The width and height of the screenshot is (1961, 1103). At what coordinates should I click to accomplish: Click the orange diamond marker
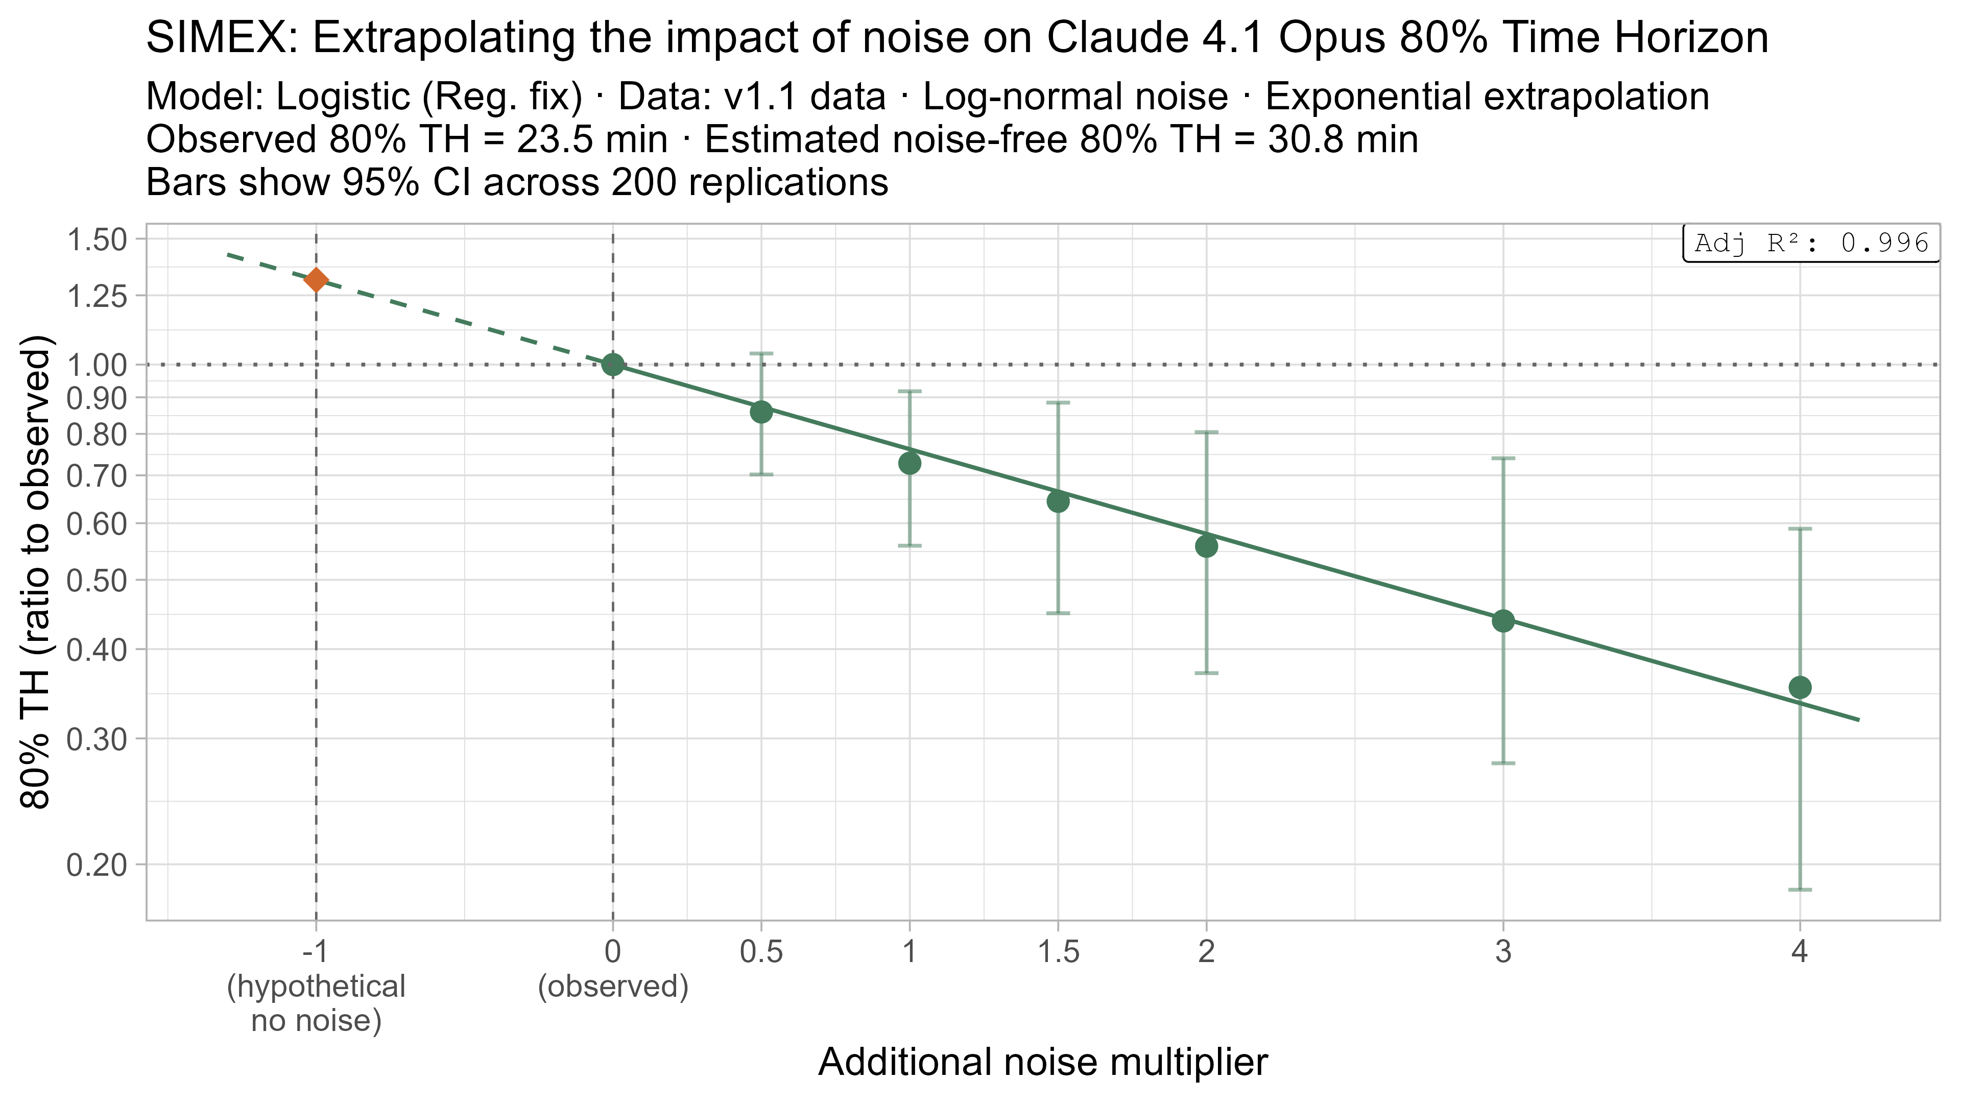316,280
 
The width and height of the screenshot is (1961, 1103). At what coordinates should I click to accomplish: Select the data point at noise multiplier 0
613,365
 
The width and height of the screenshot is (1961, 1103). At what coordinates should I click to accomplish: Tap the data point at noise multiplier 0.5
761,412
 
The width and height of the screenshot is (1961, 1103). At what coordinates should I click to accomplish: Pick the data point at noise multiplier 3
1503,621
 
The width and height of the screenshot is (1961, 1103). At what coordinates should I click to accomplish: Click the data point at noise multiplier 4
1800,687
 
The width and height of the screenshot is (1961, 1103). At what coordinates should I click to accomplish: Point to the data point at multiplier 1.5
1058,501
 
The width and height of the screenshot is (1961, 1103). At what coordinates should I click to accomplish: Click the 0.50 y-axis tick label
97,580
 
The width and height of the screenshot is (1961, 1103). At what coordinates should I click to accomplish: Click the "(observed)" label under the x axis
613,987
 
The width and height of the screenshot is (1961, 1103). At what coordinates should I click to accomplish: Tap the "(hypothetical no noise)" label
316,1003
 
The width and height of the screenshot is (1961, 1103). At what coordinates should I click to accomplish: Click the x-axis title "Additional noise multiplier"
1043,1062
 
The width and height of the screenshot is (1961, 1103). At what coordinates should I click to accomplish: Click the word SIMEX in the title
221,38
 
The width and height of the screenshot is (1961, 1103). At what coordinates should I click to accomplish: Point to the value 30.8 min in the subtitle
1343,140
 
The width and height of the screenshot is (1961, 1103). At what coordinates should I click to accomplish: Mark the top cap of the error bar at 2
1207,433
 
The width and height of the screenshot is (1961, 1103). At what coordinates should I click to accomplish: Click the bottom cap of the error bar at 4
1800,889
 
